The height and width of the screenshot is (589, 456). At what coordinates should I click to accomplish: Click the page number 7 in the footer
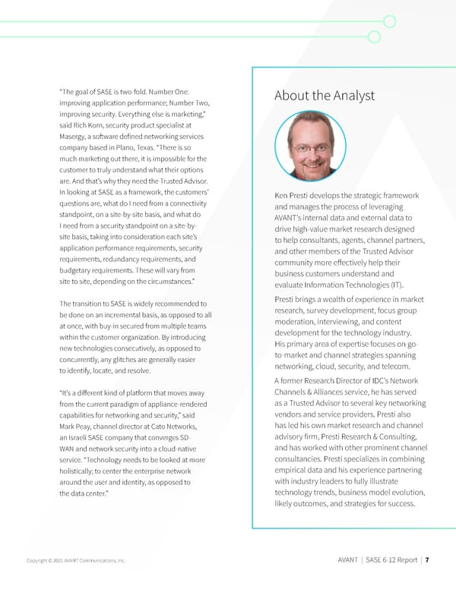[428, 560]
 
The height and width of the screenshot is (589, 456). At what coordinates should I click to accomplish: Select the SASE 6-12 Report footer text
[391, 560]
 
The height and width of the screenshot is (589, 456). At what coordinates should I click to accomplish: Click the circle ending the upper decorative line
[391, 21]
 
